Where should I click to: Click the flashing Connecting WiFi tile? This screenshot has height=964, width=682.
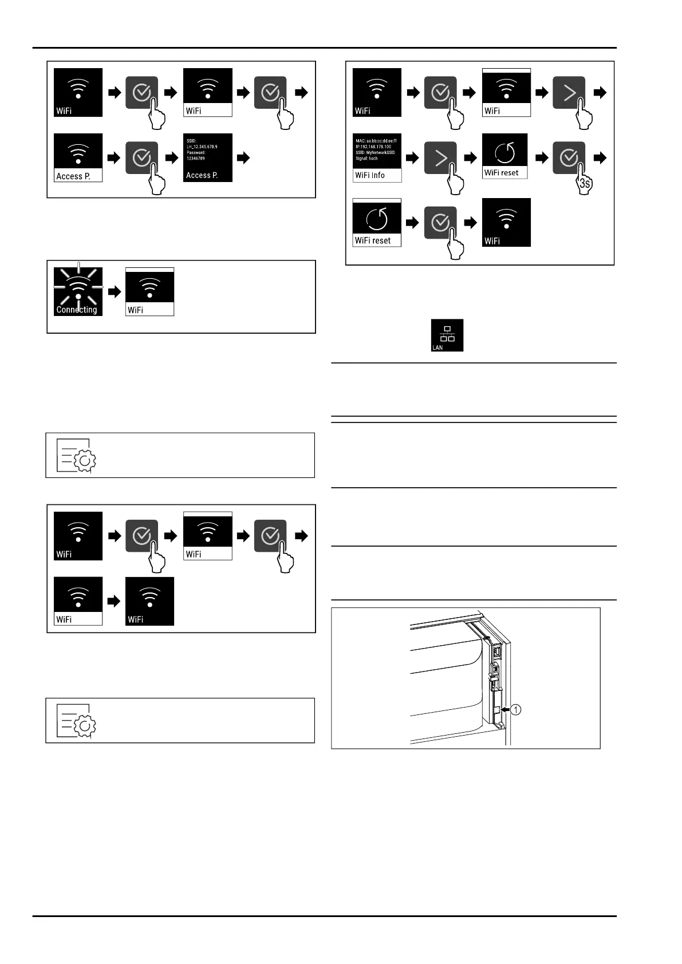click(78, 291)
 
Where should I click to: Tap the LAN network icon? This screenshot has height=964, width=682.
click(447, 335)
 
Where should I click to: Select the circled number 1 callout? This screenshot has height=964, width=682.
click(515, 710)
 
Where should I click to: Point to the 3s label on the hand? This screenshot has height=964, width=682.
click(585, 184)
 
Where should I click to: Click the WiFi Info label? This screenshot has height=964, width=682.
click(370, 176)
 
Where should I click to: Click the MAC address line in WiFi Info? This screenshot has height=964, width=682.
click(376, 140)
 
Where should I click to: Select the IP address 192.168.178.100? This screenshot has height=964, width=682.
click(373, 147)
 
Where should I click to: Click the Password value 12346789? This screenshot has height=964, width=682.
click(196, 159)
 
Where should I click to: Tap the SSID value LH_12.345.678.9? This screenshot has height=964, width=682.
click(202, 147)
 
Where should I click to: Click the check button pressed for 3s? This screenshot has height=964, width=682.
click(569, 158)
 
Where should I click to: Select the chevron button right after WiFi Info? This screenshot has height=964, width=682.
click(440, 158)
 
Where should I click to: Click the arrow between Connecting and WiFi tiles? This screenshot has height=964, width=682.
click(115, 292)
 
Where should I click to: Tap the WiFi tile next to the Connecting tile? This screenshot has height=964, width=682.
click(149, 291)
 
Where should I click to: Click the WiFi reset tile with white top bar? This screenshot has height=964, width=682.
click(377, 223)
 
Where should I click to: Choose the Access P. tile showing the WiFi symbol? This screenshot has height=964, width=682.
click(78, 158)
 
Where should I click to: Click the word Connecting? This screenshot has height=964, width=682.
click(77, 310)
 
